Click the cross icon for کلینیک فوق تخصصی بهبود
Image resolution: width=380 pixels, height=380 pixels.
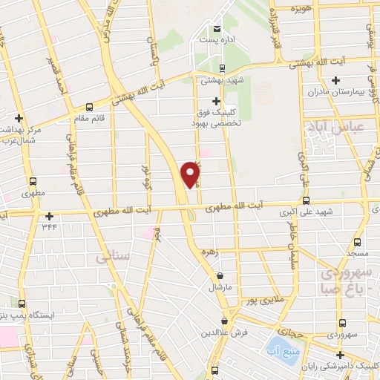click(216, 101)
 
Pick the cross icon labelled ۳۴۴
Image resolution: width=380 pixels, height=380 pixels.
click(50, 217)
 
